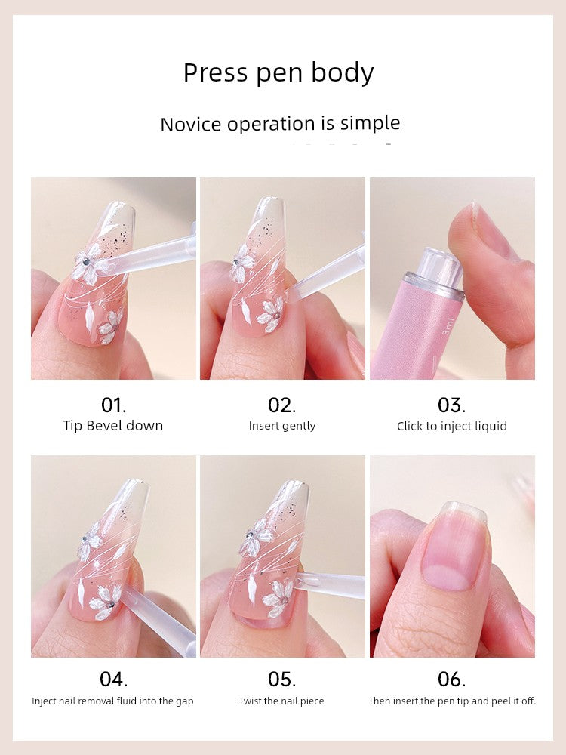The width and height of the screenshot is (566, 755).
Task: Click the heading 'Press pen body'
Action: [x=278, y=73]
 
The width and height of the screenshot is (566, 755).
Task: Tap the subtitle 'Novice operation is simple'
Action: [x=280, y=124]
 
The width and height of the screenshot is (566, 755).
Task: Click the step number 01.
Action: [x=114, y=405]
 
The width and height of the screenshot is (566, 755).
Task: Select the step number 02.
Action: [x=282, y=405]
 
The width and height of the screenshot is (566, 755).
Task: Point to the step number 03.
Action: [x=451, y=405]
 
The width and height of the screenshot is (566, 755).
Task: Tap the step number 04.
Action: [x=114, y=679]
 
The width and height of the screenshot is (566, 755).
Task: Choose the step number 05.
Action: [x=282, y=679]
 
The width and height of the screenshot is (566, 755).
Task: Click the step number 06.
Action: [x=451, y=679]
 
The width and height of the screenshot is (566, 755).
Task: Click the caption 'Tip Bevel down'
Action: [x=113, y=426]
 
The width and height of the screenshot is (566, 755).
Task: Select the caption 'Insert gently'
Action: [x=282, y=426]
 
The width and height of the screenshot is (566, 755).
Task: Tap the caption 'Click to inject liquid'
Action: [x=452, y=426]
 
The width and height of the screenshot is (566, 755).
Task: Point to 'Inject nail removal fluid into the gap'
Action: [x=112, y=701]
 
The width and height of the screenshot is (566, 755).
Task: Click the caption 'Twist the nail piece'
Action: [x=281, y=701]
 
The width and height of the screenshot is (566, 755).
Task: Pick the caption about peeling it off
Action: [x=452, y=701]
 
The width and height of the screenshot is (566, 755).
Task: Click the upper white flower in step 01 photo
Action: [x=88, y=262]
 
